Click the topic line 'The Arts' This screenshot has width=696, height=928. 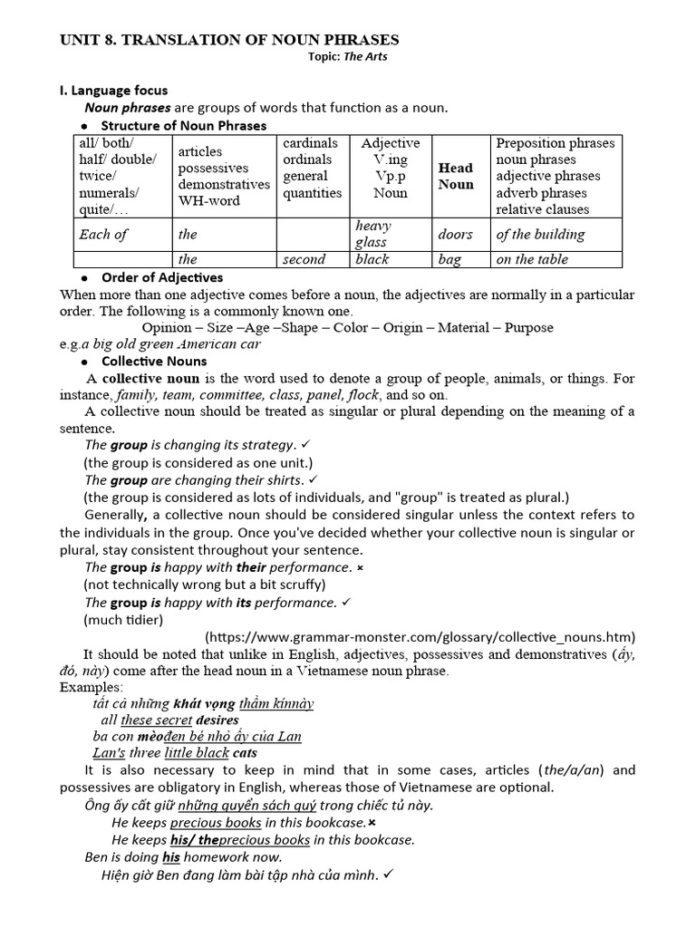351,57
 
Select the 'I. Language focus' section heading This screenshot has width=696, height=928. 113,91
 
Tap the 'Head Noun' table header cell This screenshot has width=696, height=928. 455,176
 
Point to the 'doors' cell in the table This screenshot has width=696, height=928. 455,234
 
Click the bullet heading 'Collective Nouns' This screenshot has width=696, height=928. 153,361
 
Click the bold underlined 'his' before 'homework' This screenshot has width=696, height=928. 171,856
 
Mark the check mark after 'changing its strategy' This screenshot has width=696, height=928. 304,445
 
